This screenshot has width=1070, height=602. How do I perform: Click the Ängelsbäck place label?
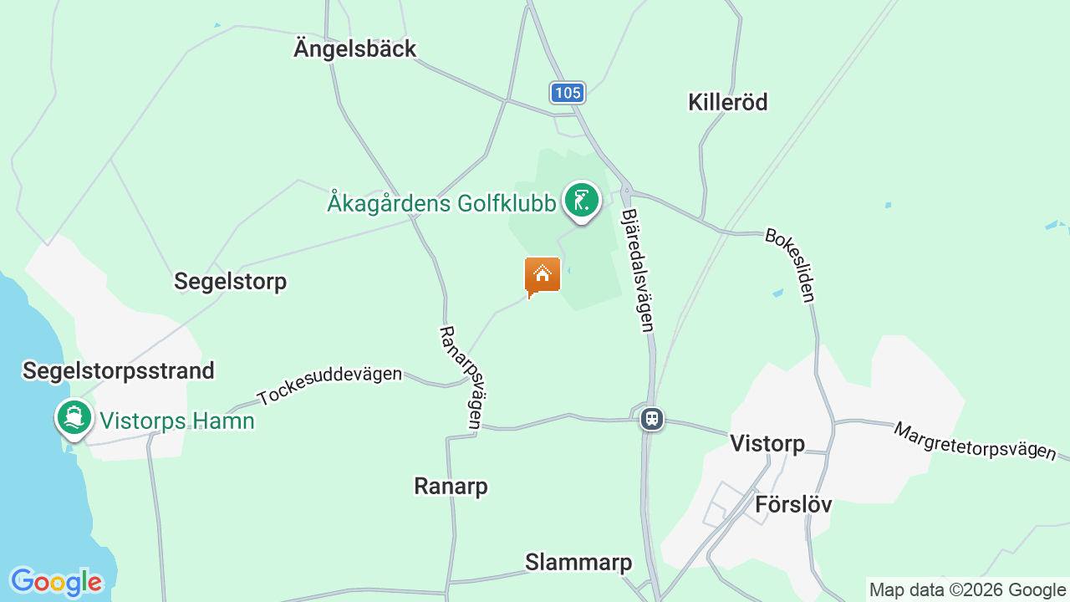tap(354, 48)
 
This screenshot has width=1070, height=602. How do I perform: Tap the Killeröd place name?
tap(727, 102)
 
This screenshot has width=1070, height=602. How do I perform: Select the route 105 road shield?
tap(568, 92)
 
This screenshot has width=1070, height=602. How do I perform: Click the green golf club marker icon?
tap(581, 201)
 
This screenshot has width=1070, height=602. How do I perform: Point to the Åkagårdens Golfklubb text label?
tap(441, 203)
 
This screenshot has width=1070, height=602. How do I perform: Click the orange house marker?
tap(543, 275)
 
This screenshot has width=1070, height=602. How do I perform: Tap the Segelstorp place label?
tap(230, 282)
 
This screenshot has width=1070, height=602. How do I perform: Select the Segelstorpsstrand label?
tap(119, 370)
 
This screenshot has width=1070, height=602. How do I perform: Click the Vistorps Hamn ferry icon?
tap(74, 417)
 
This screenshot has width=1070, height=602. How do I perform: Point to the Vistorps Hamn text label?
tap(177, 421)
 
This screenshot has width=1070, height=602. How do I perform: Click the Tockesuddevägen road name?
tap(329, 385)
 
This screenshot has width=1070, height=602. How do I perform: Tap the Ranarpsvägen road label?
tap(463, 377)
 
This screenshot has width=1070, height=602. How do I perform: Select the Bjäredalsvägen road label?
tap(637, 270)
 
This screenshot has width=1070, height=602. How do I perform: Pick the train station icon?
tap(652, 418)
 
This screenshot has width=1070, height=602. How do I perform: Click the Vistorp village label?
tap(767, 443)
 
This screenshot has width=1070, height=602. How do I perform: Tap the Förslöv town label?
tap(793, 505)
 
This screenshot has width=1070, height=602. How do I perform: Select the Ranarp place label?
tap(451, 486)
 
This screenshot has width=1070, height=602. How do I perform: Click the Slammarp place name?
tap(578, 563)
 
